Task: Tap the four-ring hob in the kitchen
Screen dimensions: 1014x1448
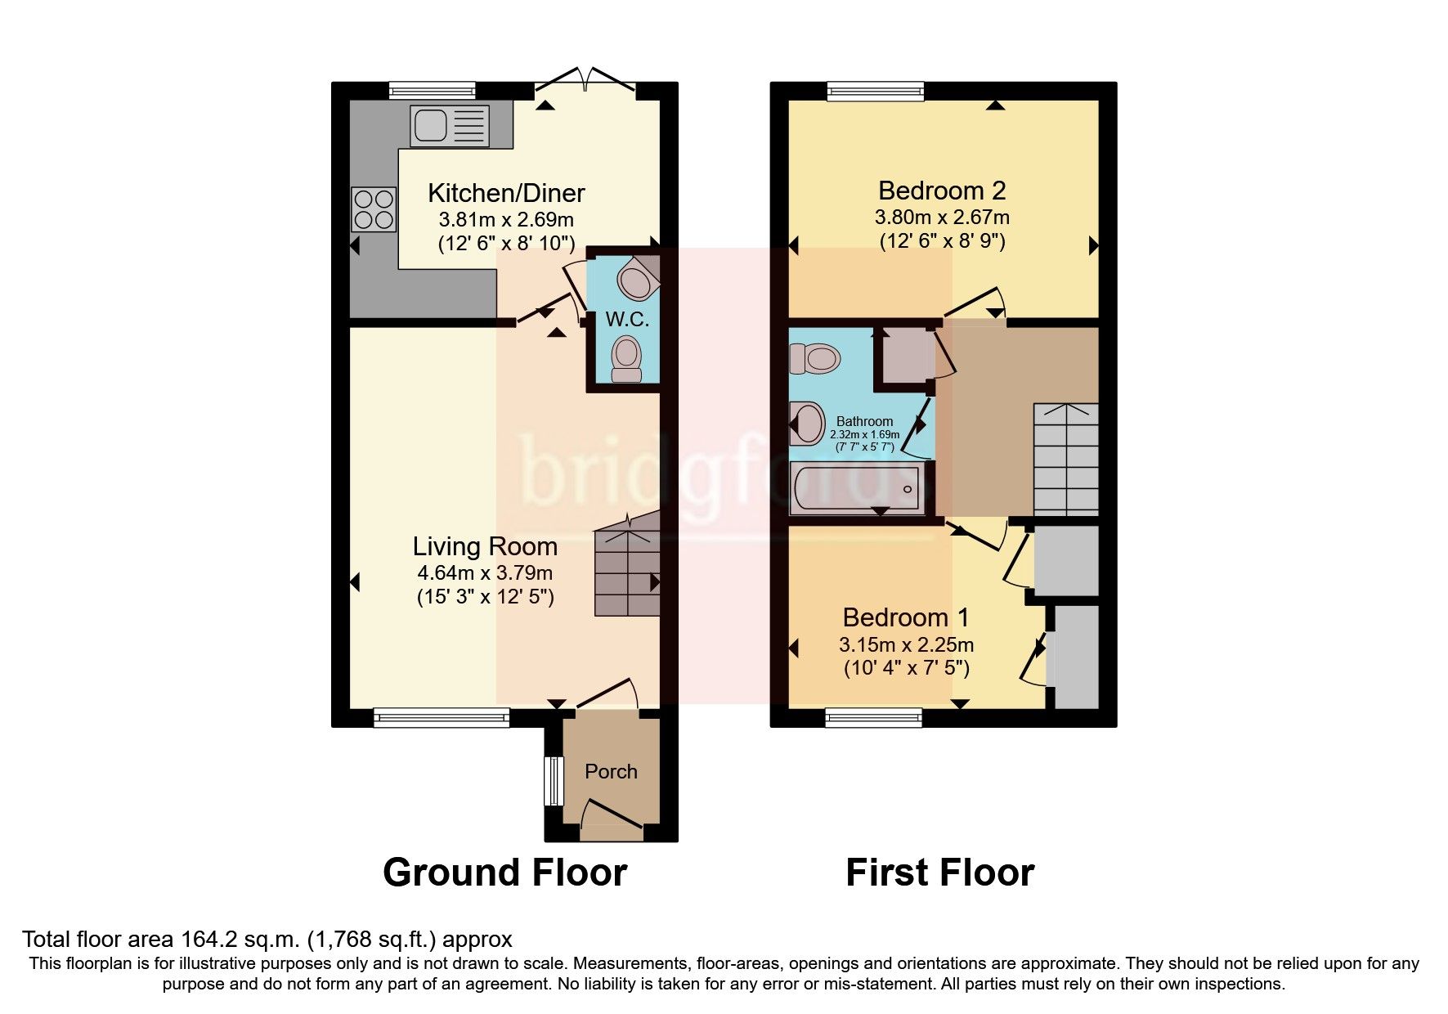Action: click(374, 209)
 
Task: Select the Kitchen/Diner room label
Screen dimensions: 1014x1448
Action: click(506, 193)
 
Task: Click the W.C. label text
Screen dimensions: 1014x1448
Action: click(627, 320)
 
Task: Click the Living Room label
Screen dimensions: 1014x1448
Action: click(485, 546)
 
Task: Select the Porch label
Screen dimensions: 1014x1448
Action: click(611, 771)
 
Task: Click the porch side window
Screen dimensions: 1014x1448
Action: click(554, 781)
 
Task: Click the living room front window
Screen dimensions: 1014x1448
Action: click(442, 718)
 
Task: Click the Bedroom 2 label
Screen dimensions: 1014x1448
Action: click(942, 191)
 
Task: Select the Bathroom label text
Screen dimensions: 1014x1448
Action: click(864, 421)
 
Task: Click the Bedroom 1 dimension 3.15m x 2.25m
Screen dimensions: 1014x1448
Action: click(906, 644)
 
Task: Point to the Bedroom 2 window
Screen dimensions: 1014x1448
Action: click(875, 90)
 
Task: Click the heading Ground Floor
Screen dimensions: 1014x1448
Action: click(504, 873)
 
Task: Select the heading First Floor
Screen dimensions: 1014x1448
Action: click(939, 873)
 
